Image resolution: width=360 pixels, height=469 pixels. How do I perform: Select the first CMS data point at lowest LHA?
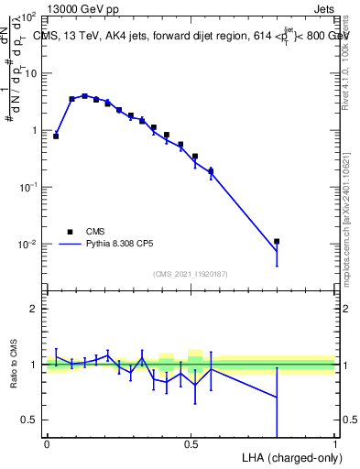pos(56,136)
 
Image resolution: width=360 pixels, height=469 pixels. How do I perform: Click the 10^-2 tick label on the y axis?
pos(26,245)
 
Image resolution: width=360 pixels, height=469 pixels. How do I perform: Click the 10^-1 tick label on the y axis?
pos(26,187)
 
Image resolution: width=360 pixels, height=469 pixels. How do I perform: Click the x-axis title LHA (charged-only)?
pos(289,457)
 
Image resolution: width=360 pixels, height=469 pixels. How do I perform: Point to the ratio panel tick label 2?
pos(33,309)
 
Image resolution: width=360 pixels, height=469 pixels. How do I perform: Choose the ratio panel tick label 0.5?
pos(29,420)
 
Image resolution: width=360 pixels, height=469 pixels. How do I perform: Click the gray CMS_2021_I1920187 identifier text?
pos(191,273)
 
